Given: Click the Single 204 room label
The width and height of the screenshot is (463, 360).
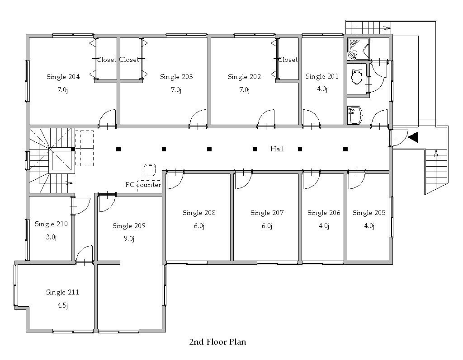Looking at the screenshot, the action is tap(63, 77).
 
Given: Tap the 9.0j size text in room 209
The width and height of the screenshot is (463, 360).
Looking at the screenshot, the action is tap(129, 238).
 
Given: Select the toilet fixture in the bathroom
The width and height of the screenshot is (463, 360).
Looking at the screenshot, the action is tap(357, 75).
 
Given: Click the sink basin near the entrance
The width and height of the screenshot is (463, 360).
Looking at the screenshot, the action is tap(355, 115).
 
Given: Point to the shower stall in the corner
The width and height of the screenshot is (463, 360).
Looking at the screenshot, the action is tap(358, 49).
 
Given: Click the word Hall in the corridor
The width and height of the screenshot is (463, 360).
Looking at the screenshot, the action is tap(277, 149).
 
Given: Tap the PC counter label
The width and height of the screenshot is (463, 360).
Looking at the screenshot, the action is tap(143, 185).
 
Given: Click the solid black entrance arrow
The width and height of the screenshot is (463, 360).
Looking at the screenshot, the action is tap(413, 137).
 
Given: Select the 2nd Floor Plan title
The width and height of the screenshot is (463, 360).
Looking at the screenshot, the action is tap(217, 342).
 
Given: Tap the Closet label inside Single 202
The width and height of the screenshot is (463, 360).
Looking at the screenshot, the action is tap(288, 60).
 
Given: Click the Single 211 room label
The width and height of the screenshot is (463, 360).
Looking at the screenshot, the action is tap(62, 292).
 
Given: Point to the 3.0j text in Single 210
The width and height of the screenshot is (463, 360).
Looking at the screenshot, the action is tap(51, 237).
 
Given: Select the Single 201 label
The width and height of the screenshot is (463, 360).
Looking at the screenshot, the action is tap(322, 76).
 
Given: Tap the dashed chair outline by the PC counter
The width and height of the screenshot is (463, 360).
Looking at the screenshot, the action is tap(149, 170).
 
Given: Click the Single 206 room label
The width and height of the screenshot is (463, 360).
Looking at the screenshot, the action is tap(324, 213).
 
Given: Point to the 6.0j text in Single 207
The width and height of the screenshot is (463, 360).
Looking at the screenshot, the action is tap(267, 226).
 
